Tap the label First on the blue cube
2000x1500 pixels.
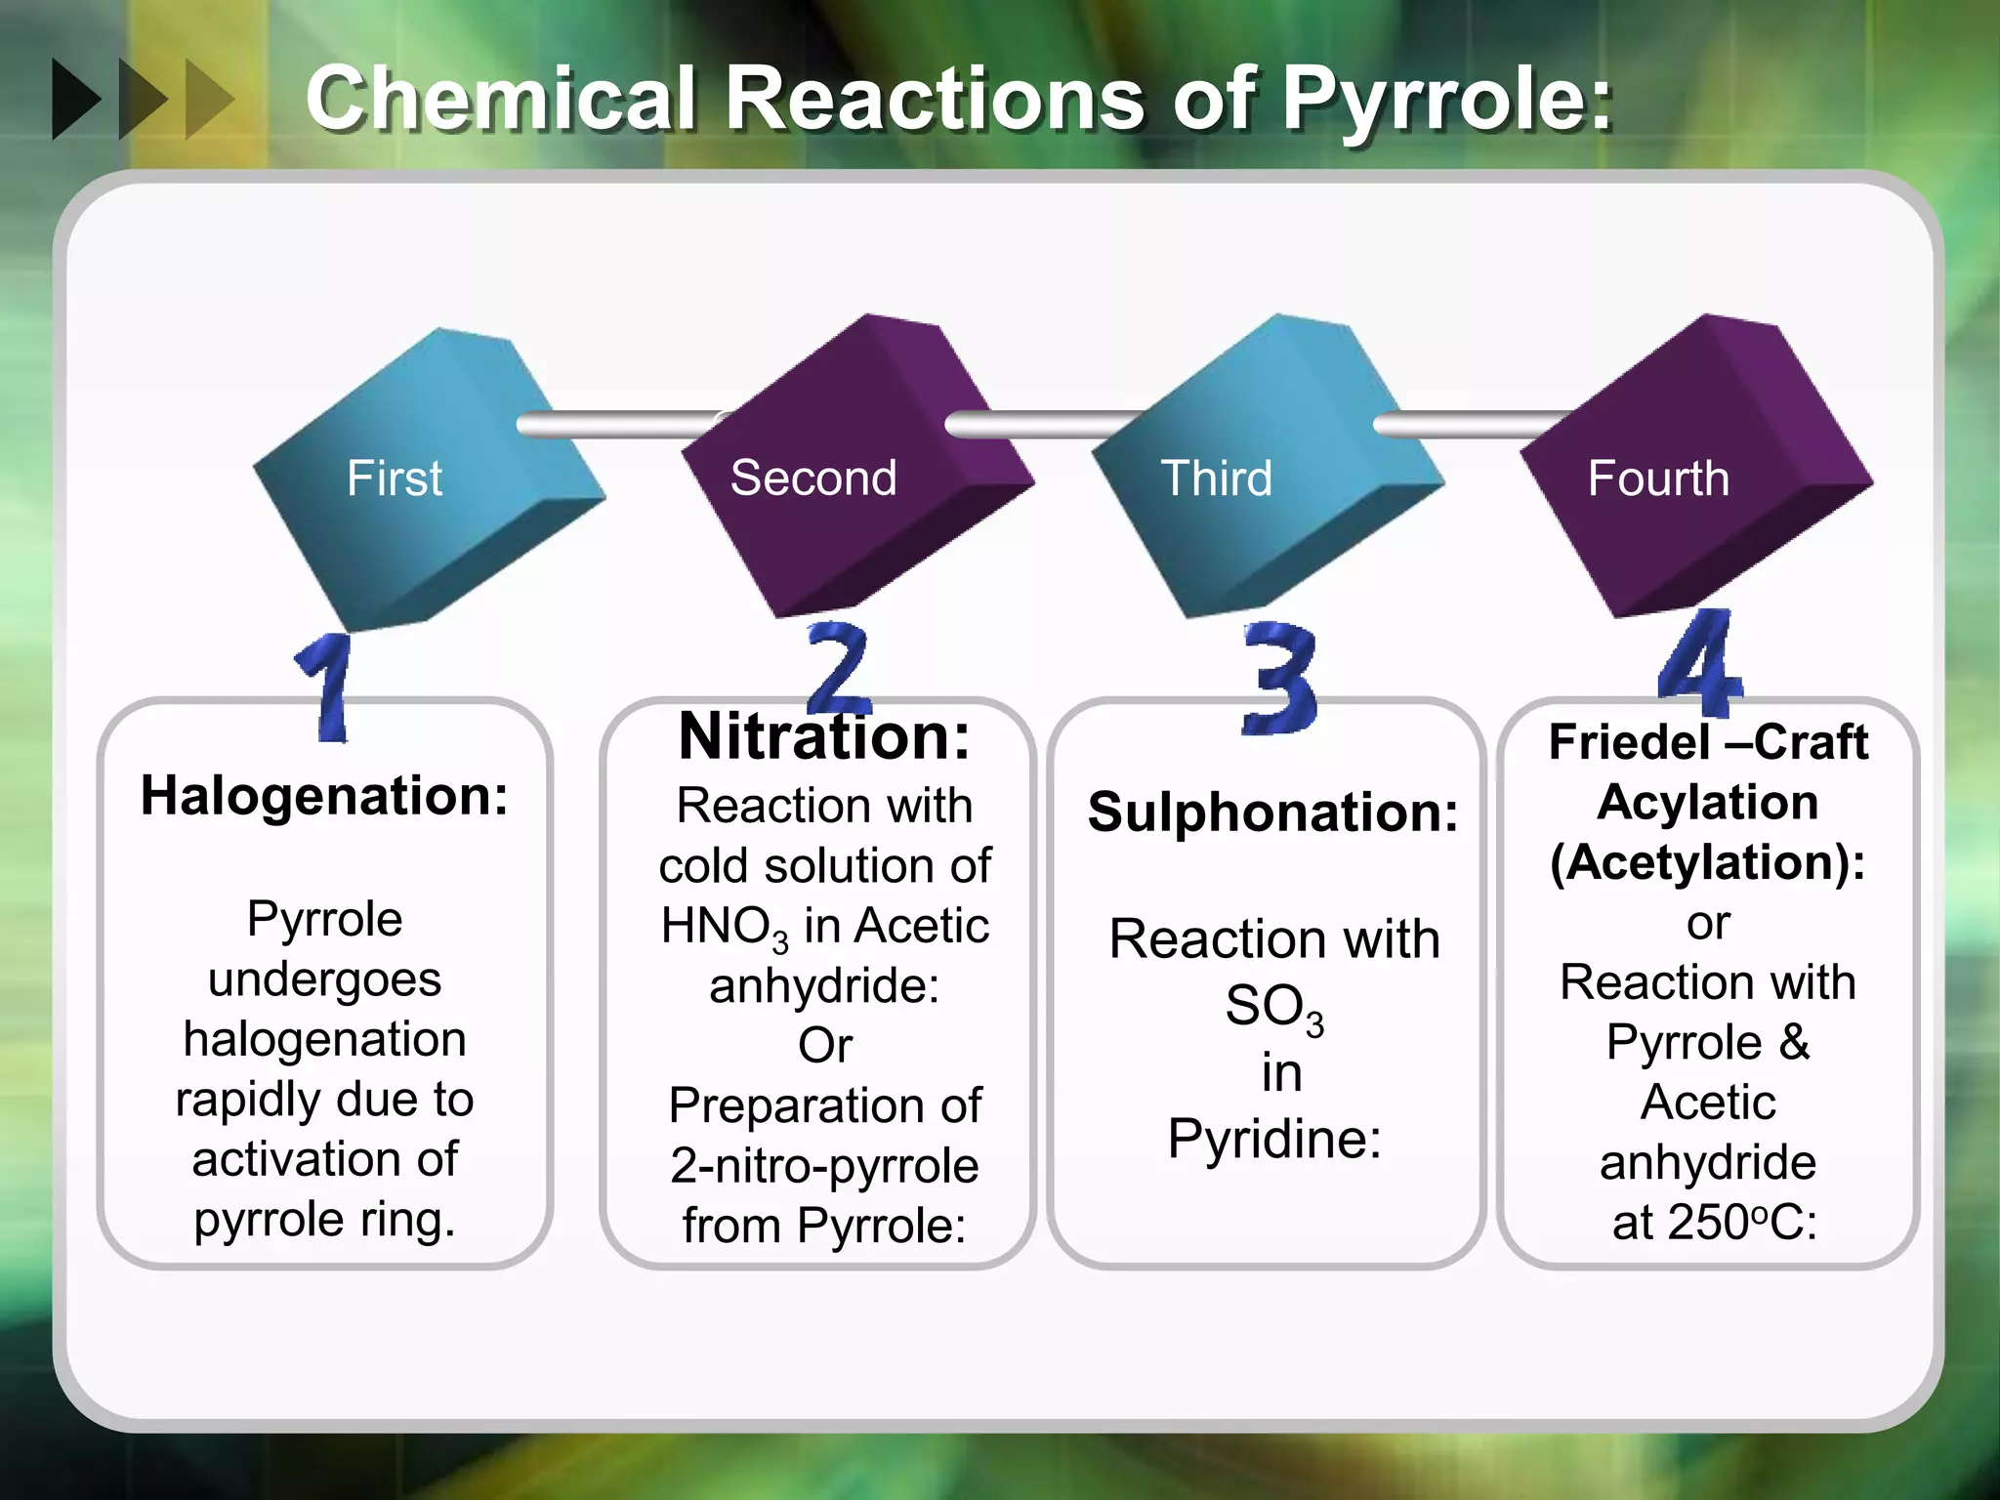coord(395,479)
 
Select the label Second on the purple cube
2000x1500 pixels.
coord(813,479)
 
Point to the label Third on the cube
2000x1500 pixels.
coord(1216,479)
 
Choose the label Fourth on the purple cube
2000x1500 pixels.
coord(1658,479)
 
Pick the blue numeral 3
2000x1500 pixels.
coord(1279,678)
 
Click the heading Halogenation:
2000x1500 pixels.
coord(324,796)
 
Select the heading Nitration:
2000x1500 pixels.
coord(824,736)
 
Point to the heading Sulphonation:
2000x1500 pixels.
coord(1273,812)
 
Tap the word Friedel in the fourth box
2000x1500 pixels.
coord(1629,742)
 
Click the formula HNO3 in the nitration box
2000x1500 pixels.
coord(724,927)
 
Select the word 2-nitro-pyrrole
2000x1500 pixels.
coord(824,1165)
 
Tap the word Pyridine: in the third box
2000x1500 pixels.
coord(1274,1138)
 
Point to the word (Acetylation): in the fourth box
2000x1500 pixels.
coord(1708,862)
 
